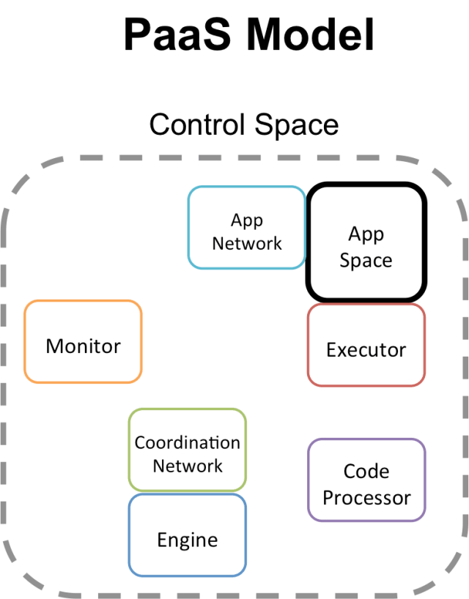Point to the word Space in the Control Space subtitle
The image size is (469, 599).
tap(298, 124)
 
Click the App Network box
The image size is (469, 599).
tap(246, 227)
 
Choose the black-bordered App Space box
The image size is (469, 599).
tap(366, 242)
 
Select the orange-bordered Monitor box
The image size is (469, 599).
tap(83, 341)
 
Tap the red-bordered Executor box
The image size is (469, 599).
tap(366, 345)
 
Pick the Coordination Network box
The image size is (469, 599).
tap(188, 450)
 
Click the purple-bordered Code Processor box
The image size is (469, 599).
tap(366, 480)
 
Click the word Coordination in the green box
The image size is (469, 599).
tap(188, 443)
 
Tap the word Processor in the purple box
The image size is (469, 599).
tap(366, 498)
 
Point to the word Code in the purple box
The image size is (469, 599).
tap(366, 472)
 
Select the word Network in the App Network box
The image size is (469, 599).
tap(247, 243)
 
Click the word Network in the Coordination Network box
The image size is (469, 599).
tap(188, 466)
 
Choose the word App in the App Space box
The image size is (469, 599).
tap(366, 234)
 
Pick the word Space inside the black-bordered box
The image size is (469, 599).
tap(366, 261)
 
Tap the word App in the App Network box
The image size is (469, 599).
tap(247, 220)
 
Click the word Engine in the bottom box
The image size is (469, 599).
tap(188, 540)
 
